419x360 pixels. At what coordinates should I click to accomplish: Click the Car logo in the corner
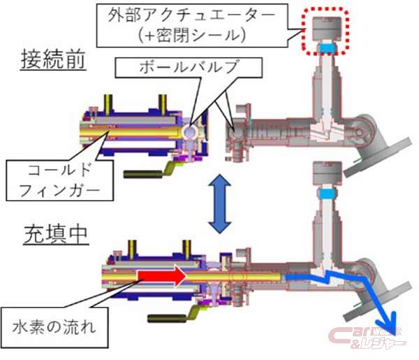(367, 339)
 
